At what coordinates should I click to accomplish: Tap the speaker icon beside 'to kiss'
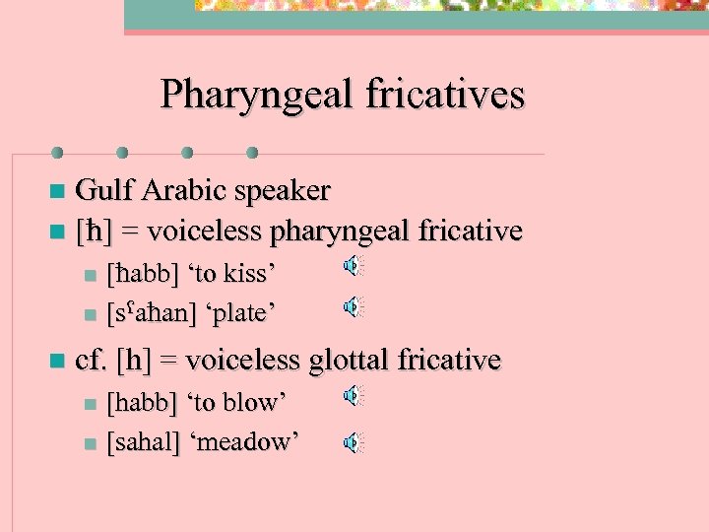[353, 265]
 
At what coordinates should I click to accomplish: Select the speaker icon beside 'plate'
[353, 307]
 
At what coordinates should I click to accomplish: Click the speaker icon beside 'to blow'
[353, 396]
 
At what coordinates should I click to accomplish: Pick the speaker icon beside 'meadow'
[353, 443]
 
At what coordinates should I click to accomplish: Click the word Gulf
[100, 189]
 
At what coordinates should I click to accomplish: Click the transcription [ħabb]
[144, 272]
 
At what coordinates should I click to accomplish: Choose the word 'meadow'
[250, 443]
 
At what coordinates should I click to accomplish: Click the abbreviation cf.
[91, 361]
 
